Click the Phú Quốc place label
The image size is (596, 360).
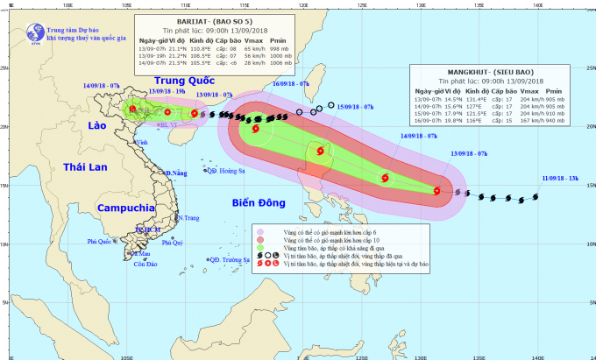click(x=100, y=242)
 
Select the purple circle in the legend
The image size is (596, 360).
click(x=260, y=229)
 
